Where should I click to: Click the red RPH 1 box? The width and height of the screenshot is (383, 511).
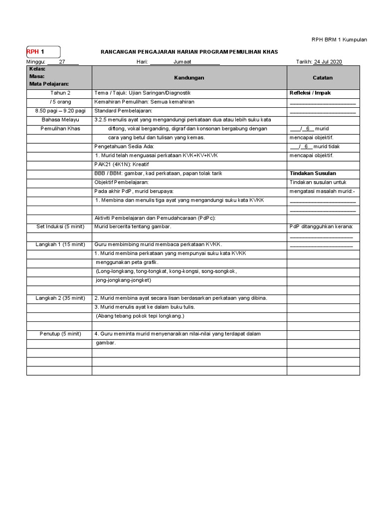click(43, 52)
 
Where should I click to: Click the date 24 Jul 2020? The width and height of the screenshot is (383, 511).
click(328, 62)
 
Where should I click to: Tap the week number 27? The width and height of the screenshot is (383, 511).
click(62, 62)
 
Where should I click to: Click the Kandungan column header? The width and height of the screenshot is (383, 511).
click(189, 78)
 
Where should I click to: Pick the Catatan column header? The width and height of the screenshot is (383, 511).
click(323, 78)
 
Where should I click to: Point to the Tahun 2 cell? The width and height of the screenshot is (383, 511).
click(60, 93)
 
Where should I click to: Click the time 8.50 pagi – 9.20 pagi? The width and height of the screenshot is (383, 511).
click(60, 111)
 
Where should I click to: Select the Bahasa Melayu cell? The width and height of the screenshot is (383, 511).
click(60, 120)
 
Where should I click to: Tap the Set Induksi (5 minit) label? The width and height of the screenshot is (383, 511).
click(60, 227)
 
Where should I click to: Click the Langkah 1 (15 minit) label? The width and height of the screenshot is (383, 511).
click(60, 245)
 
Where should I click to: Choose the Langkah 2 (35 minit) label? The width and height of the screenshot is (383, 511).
click(60, 298)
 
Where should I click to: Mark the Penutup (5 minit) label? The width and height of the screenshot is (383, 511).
click(60, 334)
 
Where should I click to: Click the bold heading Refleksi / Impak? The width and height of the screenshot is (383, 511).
click(310, 93)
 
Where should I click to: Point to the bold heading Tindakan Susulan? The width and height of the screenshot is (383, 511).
click(313, 173)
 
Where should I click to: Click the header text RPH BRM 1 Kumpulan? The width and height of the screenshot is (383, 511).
click(339, 40)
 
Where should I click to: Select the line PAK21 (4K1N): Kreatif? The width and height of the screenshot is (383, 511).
click(122, 164)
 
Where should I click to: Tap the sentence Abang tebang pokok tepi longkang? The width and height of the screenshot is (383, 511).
click(140, 316)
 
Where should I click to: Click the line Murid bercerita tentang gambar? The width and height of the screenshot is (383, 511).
click(133, 227)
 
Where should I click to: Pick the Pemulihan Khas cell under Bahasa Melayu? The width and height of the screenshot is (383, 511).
click(60, 129)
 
